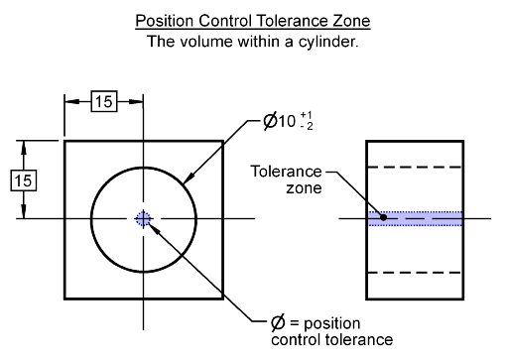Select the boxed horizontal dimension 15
point(104,101)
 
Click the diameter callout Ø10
point(281,122)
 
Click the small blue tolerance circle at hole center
point(145,218)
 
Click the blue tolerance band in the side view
point(415,218)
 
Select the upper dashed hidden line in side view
point(415,167)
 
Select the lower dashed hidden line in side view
point(415,271)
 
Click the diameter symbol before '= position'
point(278,323)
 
